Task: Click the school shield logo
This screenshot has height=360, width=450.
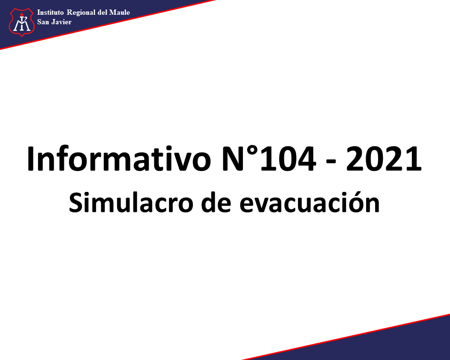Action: click(x=22, y=22)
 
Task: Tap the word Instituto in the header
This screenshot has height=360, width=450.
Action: click(x=50, y=12)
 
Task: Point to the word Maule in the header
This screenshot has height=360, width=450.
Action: click(x=120, y=12)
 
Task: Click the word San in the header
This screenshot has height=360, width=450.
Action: click(x=43, y=22)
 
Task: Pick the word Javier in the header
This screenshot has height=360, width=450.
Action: click(x=61, y=22)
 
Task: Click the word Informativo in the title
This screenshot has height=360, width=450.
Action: click(x=119, y=159)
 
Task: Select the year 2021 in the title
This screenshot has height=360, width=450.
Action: click(x=384, y=159)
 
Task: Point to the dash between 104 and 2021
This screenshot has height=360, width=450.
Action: click(x=331, y=162)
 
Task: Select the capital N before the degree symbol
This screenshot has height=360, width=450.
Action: click(x=234, y=159)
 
